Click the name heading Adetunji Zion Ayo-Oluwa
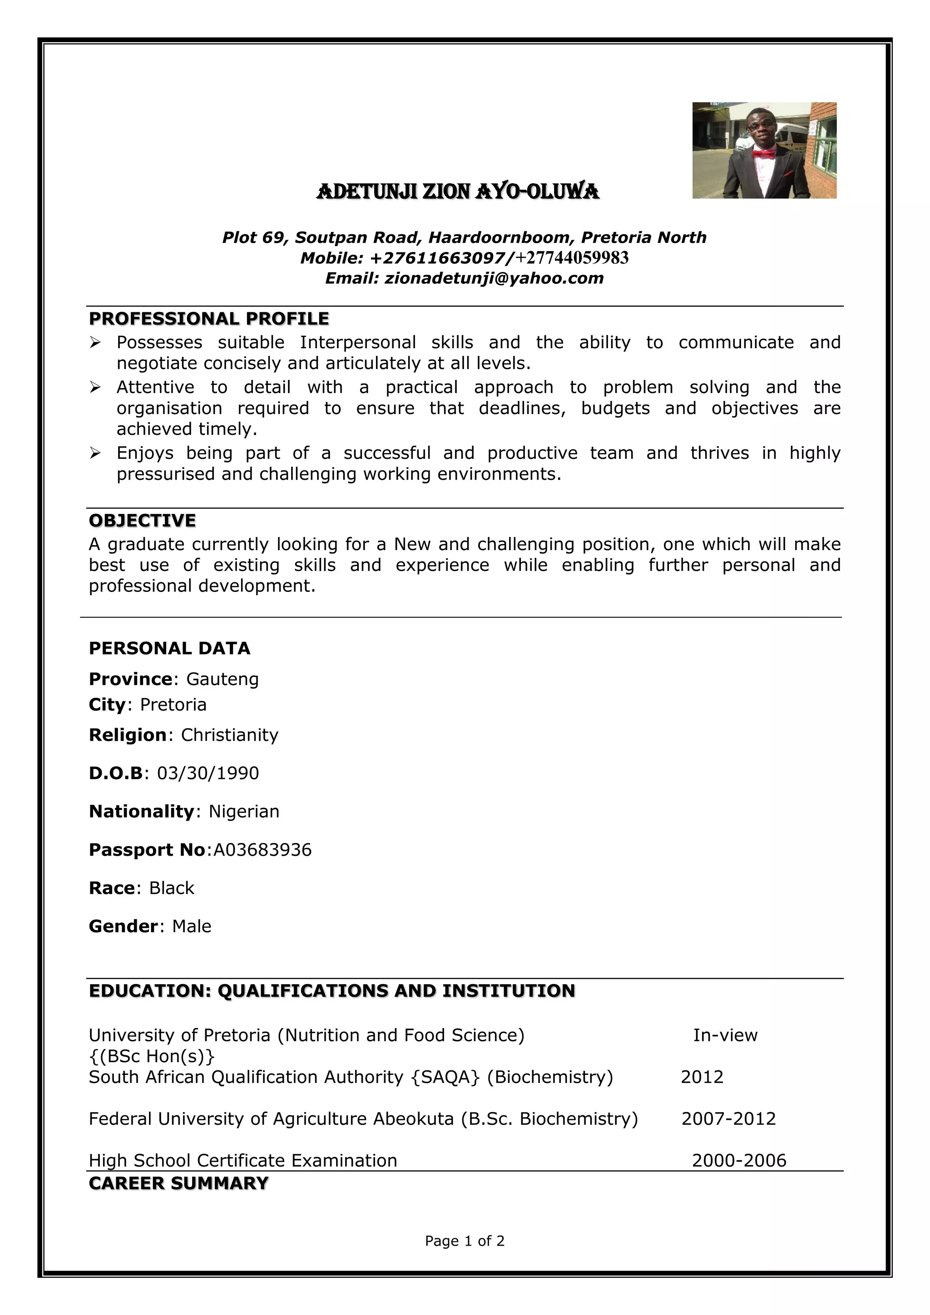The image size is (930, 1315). click(457, 191)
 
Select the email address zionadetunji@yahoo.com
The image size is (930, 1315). click(494, 278)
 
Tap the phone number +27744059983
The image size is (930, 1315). click(572, 258)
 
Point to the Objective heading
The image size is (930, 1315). click(142, 520)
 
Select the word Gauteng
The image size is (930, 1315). click(223, 679)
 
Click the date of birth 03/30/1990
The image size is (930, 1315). click(208, 773)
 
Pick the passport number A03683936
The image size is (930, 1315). click(262, 849)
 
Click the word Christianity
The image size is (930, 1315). click(230, 735)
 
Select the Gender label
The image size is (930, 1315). click(123, 926)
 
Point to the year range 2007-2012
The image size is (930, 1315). click(728, 1118)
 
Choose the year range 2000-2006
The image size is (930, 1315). click(739, 1160)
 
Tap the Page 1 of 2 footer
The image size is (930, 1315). click(465, 1241)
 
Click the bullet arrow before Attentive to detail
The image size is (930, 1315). click(95, 388)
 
